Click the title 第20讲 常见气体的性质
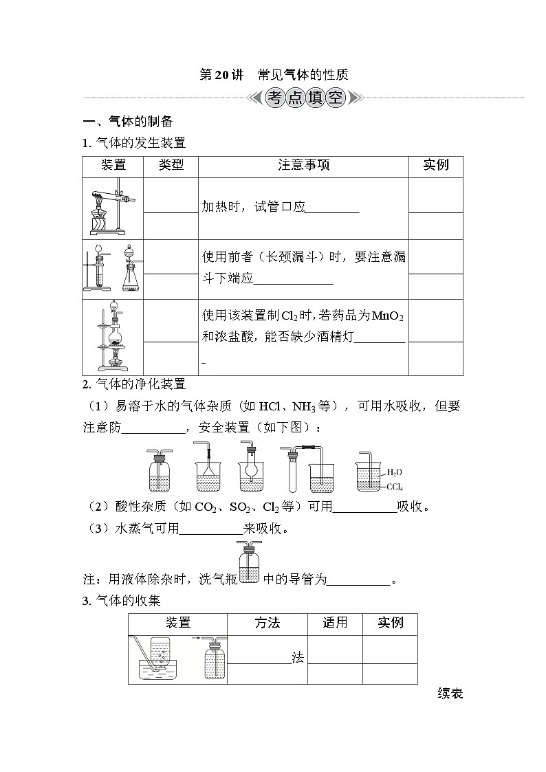pos(274,75)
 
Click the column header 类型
pos(171,165)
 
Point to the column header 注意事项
pos(303,165)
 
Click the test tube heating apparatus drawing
pos(113,208)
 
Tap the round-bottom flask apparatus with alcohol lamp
pos(113,338)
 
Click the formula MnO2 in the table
pos(387,316)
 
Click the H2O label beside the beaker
pos(394,472)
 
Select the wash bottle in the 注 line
pos(248,563)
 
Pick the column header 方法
pos(267,623)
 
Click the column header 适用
pos(335,623)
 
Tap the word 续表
pos(450,694)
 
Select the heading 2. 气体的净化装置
pos(134,384)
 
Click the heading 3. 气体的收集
pos(121,600)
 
